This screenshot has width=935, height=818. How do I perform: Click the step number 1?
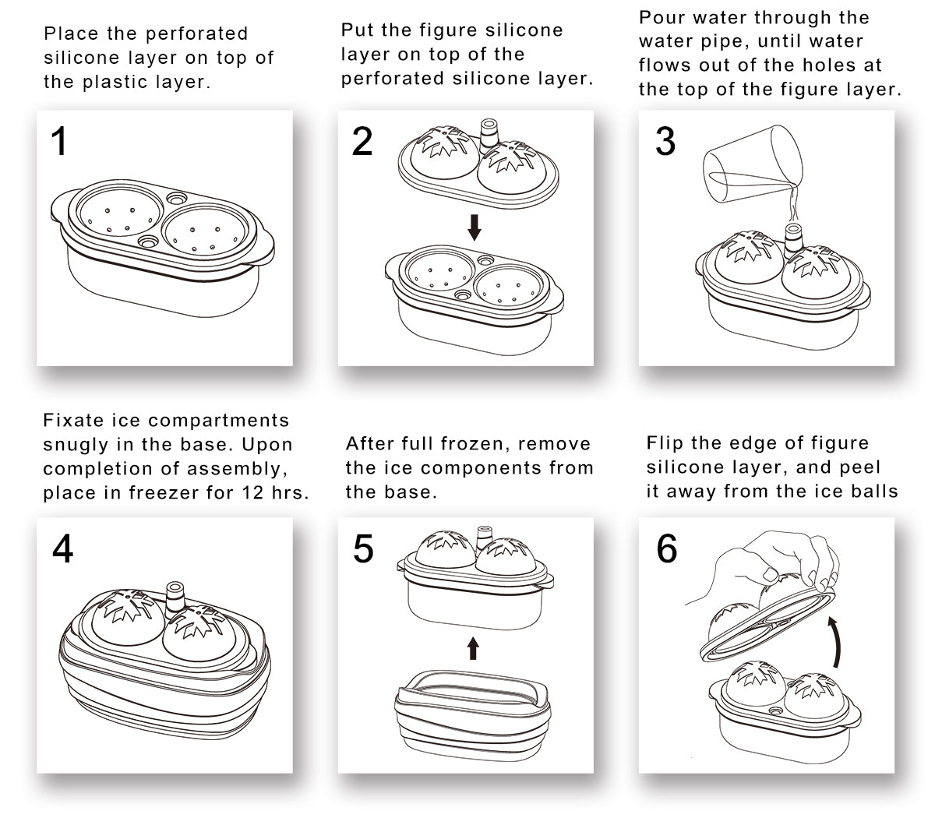coord(59,142)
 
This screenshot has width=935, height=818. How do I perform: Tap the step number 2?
coord(362,142)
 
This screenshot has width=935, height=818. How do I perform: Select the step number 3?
coord(665,142)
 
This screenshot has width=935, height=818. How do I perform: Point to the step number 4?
coord(63,549)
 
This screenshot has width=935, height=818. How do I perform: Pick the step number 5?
coord(363,549)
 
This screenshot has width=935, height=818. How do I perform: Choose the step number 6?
coord(667,549)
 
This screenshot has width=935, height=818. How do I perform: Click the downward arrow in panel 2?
coord(474,227)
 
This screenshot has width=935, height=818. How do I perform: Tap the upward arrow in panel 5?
coord(473,647)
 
